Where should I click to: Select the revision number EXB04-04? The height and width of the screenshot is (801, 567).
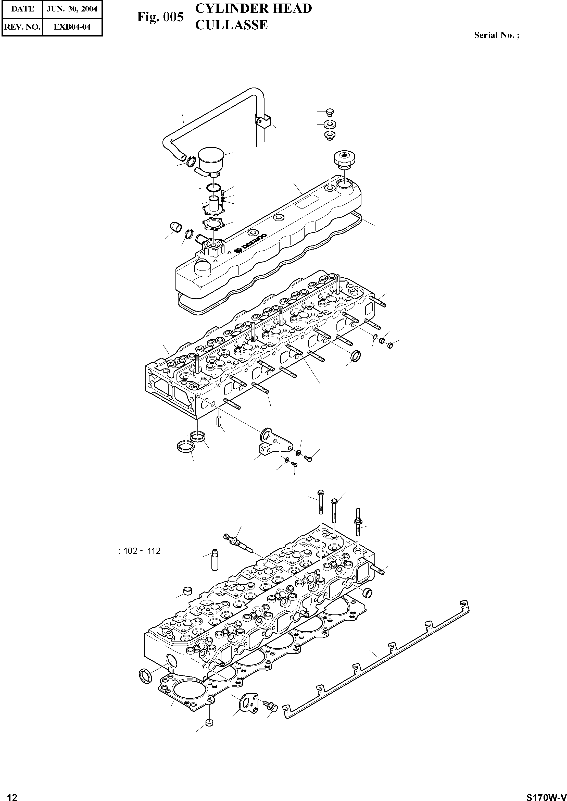click(x=72, y=27)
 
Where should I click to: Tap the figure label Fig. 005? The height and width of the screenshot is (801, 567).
click(x=160, y=17)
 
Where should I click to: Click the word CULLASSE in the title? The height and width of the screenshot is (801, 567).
click(x=231, y=25)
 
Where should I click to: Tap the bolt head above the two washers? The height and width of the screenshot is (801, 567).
click(x=330, y=112)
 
